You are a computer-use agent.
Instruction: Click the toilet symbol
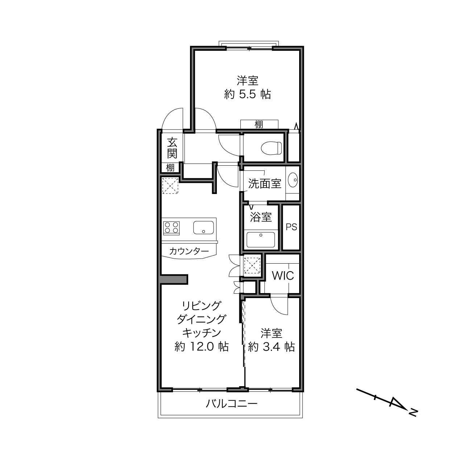[x=271, y=148]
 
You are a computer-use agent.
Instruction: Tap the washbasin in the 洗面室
[x=293, y=180]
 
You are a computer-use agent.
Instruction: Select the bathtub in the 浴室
[x=261, y=240]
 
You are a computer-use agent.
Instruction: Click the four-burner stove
[x=171, y=228]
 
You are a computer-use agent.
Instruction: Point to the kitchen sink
[x=203, y=228]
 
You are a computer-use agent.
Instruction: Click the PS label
[x=292, y=227]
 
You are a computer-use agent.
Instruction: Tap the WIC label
[x=283, y=276]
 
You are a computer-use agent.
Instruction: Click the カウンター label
[x=189, y=251]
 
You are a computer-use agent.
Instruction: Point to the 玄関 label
[x=172, y=148]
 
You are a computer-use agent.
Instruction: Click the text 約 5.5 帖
[x=247, y=95]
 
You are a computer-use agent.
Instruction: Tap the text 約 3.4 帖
[x=271, y=347]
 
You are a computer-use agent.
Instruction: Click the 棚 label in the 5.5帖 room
[x=259, y=124]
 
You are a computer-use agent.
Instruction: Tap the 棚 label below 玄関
[x=170, y=168]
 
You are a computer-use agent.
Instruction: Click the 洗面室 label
[x=265, y=183]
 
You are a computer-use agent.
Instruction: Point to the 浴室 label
[x=261, y=217]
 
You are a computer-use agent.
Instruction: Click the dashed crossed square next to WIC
[x=252, y=266]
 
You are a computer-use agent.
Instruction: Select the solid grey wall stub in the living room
[x=174, y=280]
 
